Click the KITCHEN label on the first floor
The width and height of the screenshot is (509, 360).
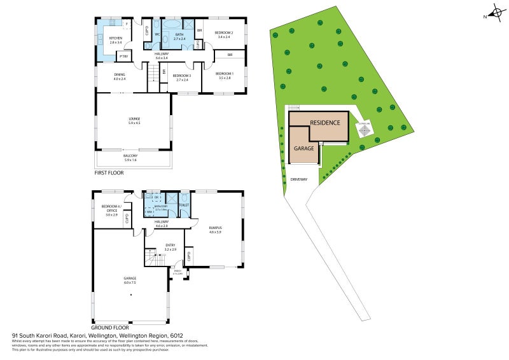coord(115,38)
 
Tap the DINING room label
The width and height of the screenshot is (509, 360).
coord(120,76)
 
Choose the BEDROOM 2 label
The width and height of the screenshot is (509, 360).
coord(223,32)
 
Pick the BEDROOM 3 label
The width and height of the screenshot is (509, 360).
coord(182,77)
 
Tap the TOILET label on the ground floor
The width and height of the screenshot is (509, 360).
coord(184,205)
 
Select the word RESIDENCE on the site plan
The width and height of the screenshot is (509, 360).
coord(325,122)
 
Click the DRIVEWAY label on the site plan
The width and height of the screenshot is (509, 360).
coord(298,179)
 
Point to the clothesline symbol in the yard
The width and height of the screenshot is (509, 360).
coord(364,130)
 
